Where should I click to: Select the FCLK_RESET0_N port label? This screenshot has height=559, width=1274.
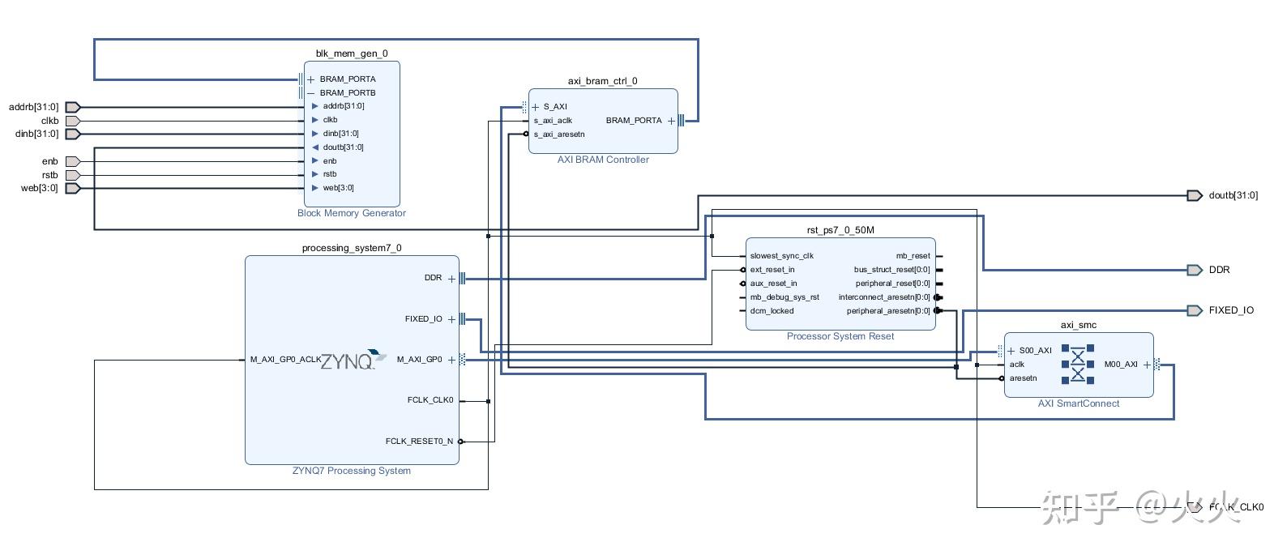pos(419,442)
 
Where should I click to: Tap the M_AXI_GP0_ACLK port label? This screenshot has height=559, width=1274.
pos(285,360)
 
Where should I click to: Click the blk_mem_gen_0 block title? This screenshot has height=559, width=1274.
pos(352,53)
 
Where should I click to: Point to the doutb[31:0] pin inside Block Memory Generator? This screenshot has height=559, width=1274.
pos(343,147)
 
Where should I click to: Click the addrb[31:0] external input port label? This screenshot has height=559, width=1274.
pos(33,107)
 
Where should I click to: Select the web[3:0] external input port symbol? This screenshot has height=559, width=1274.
pos(73,188)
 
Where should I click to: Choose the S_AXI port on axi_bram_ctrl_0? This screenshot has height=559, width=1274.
pos(555,107)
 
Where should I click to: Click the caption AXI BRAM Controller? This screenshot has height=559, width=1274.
pos(603,160)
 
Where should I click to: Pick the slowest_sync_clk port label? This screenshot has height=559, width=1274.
pos(781,256)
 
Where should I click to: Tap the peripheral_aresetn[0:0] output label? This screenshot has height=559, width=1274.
pos(888,311)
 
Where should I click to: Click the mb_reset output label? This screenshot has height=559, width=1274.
pos(913,256)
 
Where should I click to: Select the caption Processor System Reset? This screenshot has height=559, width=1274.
pos(840,336)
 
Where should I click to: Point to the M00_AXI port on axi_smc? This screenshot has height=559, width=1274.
pos(1121,365)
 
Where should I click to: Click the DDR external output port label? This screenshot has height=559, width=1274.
pos(1219,270)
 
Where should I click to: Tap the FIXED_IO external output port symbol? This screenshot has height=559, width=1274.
pos(1194,310)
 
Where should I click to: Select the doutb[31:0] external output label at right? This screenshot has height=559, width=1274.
pos(1233,195)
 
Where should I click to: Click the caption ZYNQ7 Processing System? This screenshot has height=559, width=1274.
pos(352,471)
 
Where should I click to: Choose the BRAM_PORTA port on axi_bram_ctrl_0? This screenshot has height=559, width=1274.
pos(634,121)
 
